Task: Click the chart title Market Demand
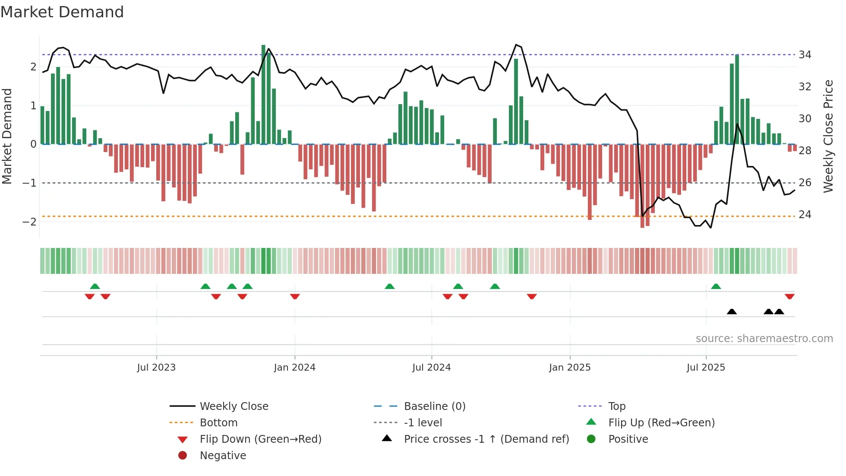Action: pos(62,12)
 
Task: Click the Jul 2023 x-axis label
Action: pos(156,367)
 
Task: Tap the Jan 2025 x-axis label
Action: pos(569,367)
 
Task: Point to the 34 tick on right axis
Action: pos(805,54)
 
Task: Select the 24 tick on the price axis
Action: pos(805,214)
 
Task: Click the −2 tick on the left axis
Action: pos(29,222)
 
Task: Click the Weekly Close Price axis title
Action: pos(828,136)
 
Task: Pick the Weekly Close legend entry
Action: pos(234,406)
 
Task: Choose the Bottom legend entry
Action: pos(218,422)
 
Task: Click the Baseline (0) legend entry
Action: pos(434,406)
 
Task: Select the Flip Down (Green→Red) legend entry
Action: pos(260,439)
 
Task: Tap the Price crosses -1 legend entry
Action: pos(486,439)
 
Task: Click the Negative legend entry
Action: pos(223,455)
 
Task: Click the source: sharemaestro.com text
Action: pos(764,338)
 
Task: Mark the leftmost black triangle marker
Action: pos(732,311)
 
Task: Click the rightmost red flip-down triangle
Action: pos(789,296)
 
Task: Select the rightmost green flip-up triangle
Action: pos(716,286)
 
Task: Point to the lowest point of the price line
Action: pos(710,227)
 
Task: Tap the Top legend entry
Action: pos(616,406)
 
